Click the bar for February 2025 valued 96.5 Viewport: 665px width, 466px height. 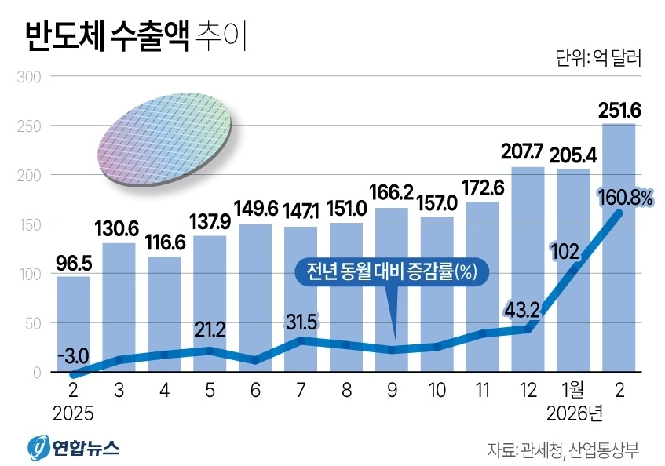pos(73,322)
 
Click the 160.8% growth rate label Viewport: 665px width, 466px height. pos(624,198)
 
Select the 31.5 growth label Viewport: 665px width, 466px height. pos(301,320)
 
